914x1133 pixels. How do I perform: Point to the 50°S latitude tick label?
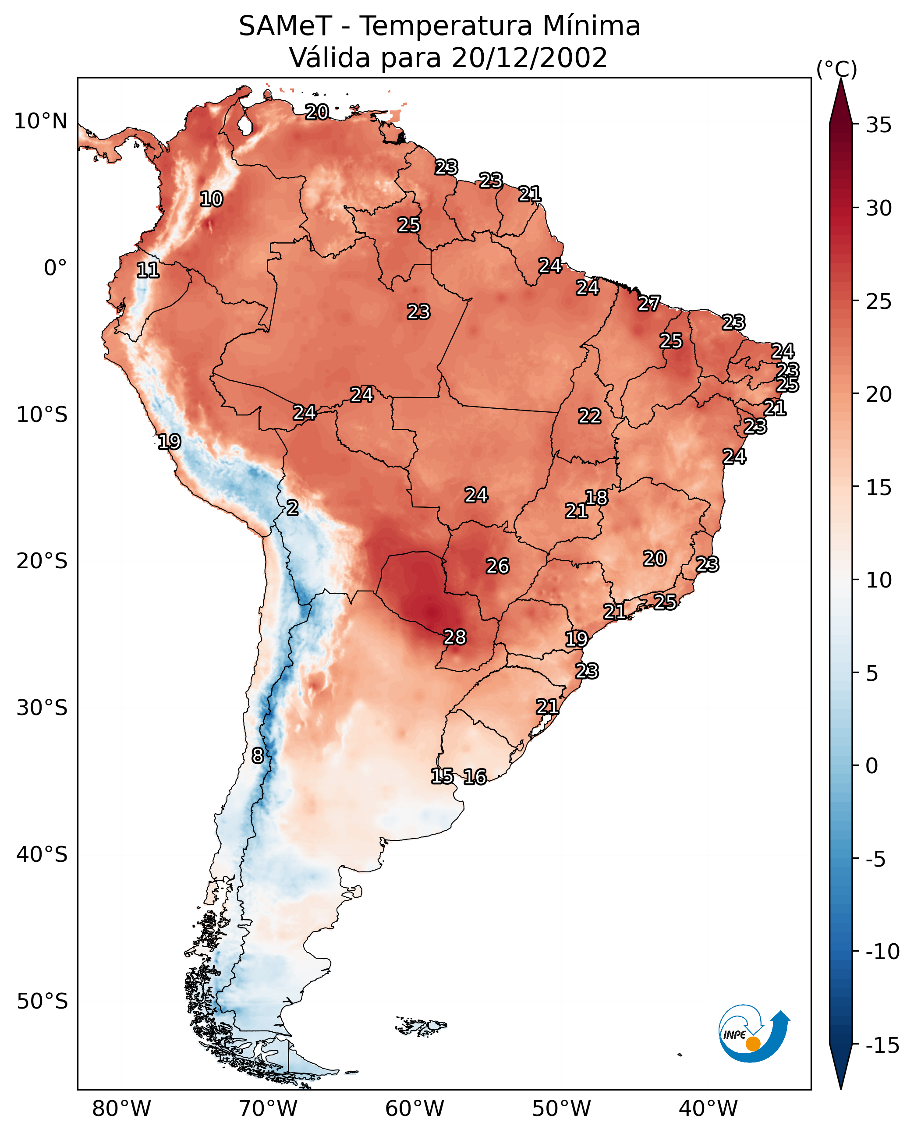(x=42, y=1002)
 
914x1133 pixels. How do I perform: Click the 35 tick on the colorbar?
(x=879, y=125)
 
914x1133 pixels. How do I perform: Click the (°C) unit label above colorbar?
(x=836, y=69)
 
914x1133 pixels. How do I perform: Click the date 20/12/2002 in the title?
(x=529, y=57)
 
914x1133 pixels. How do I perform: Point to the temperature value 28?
(x=454, y=637)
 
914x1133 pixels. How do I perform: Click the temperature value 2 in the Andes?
(x=292, y=508)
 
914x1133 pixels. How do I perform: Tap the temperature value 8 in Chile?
(x=258, y=756)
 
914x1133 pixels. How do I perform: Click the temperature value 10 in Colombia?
(x=211, y=199)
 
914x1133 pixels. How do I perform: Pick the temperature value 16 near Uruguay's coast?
(x=475, y=777)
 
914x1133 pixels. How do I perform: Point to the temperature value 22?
(x=589, y=417)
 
